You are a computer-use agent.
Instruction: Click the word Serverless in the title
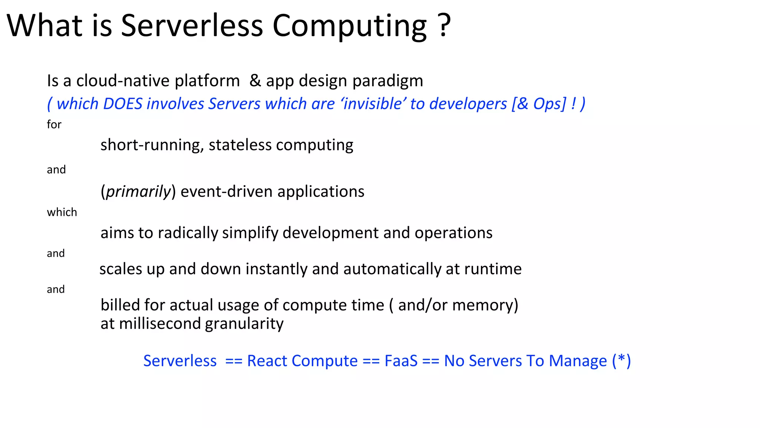192,26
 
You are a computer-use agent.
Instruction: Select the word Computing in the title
350,26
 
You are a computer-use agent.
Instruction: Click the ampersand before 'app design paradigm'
255,81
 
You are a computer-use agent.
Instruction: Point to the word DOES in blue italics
122,104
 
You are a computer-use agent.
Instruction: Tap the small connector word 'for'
54,124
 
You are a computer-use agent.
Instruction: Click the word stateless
240,145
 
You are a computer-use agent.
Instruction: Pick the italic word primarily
138,192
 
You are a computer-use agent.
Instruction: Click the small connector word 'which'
62,212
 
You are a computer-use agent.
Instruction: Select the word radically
188,233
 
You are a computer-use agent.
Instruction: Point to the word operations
453,233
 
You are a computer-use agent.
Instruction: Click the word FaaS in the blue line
401,361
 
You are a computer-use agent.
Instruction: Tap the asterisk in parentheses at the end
622,360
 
